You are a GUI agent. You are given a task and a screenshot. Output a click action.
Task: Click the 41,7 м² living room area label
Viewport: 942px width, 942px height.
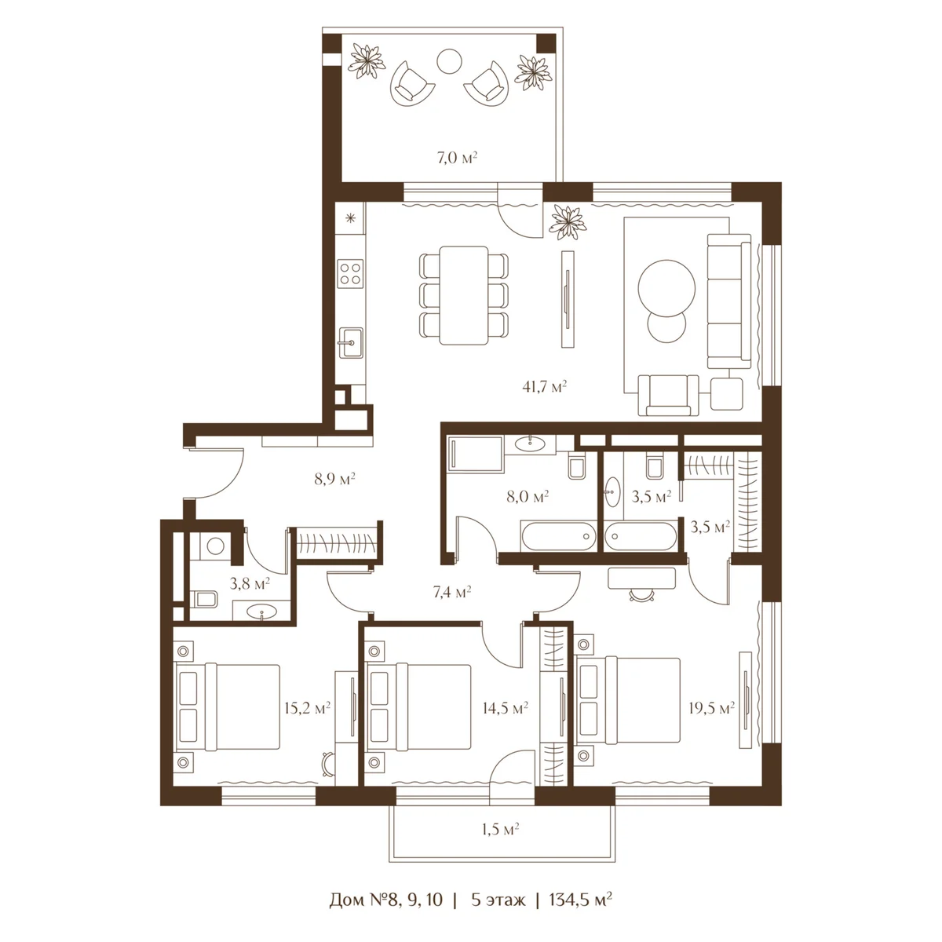(544, 387)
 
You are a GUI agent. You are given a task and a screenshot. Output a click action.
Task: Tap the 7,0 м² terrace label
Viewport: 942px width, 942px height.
(457, 158)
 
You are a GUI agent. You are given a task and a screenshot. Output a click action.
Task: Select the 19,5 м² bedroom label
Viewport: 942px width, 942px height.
(711, 708)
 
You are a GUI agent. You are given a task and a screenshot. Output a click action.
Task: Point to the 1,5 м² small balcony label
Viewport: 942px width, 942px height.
(500, 829)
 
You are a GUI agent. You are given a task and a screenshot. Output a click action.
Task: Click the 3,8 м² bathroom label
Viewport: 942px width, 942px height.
(250, 582)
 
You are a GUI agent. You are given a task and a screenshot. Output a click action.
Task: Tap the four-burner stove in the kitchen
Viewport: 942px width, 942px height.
(351, 272)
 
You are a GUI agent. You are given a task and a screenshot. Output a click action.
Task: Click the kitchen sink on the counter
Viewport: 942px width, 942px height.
(351, 343)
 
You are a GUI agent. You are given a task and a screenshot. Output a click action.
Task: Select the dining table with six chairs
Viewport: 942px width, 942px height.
(463, 295)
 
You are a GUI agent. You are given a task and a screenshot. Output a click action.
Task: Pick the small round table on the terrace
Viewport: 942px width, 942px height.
(449, 61)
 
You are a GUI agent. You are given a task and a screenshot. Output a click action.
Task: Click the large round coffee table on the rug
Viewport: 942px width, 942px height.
(666, 288)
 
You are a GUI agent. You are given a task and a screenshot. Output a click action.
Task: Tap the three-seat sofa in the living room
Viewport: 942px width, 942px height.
(728, 301)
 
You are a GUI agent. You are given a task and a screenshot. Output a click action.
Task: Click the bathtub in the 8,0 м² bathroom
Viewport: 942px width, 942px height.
(559, 536)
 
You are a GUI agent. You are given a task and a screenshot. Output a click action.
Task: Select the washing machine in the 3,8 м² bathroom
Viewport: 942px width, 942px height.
(214, 546)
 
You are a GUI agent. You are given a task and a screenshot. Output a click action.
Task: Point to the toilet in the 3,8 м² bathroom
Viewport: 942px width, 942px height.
(204, 598)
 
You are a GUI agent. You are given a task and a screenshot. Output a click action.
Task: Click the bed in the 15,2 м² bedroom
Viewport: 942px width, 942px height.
(228, 706)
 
